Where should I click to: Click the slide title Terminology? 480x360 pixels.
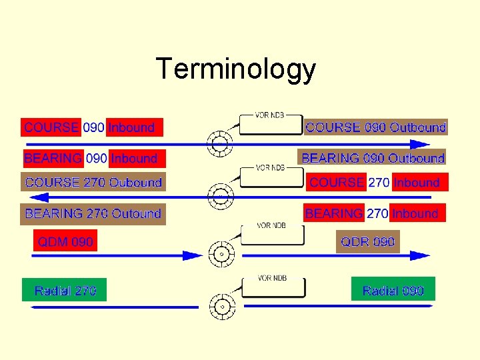click(x=235, y=69)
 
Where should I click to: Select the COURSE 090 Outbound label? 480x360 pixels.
click(x=375, y=127)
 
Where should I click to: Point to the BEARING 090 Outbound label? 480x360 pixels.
click(x=373, y=159)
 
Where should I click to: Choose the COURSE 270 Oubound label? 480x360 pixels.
click(x=93, y=183)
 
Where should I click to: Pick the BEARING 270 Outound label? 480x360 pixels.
click(x=93, y=214)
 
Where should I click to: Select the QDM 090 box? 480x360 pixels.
click(x=65, y=241)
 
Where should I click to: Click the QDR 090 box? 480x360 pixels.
click(x=367, y=241)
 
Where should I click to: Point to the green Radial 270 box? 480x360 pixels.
click(x=65, y=291)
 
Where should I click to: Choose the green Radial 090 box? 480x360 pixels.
click(x=393, y=291)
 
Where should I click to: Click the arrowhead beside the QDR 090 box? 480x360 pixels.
click(x=420, y=255)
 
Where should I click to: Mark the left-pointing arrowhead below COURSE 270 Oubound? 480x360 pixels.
click(x=40, y=197)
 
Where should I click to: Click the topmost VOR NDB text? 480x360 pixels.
click(x=270, y=115)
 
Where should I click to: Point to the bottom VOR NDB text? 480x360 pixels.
click(x=272, y=277)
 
